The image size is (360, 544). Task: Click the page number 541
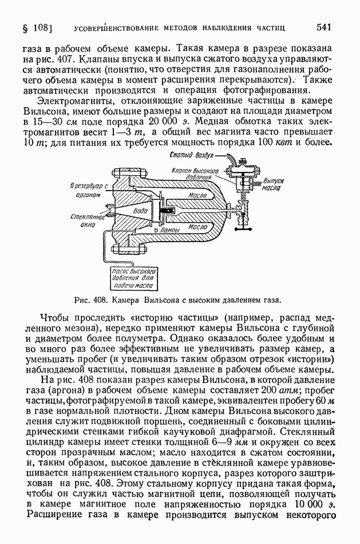tap(323, 27)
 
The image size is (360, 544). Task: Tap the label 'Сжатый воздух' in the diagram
tap(191, 156)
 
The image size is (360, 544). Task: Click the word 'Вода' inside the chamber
tap(140, 210)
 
